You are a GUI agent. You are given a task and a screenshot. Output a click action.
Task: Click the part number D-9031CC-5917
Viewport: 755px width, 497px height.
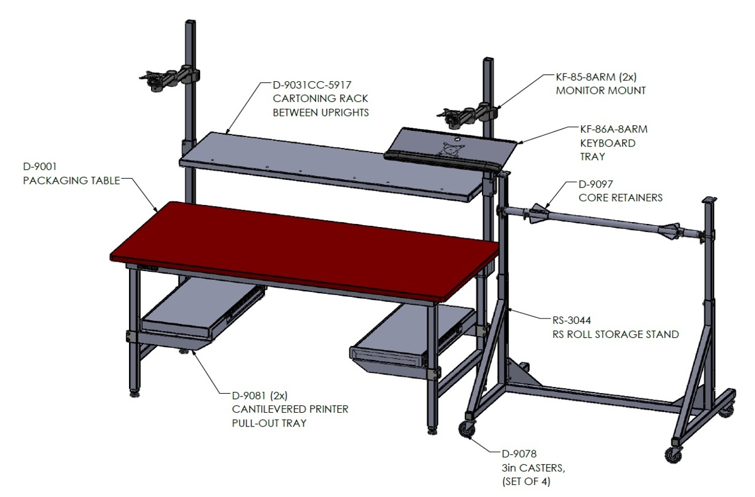312,85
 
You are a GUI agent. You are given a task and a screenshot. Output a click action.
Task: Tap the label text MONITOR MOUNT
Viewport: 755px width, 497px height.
601,91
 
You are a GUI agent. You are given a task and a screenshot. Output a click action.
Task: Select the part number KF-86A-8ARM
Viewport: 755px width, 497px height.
613,130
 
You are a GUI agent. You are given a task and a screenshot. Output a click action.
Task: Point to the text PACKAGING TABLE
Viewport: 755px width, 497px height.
72,181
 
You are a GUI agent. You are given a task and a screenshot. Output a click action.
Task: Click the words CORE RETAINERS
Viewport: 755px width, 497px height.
620,198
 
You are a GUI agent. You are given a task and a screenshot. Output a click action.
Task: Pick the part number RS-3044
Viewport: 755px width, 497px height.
571,320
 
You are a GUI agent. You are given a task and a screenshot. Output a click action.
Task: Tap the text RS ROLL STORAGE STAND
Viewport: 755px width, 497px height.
615,334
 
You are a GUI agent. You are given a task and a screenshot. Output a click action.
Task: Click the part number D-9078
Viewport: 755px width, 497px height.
519,454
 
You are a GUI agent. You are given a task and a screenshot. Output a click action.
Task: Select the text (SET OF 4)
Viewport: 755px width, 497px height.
526,481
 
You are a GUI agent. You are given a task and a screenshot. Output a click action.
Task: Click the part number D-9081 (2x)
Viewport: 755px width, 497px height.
259,395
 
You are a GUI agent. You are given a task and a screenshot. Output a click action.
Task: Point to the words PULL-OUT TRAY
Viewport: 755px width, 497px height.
269,423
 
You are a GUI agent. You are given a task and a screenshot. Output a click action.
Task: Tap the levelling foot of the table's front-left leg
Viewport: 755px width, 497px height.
135,393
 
